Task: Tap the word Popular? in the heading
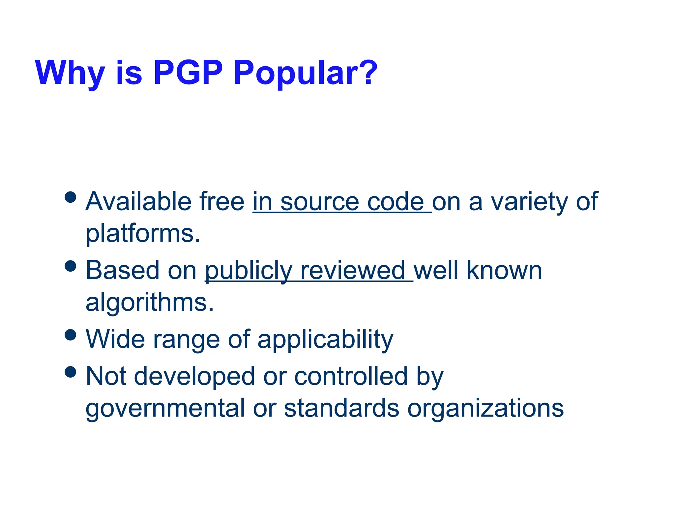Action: pos(305,73)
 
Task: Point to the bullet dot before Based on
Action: pos(71,266)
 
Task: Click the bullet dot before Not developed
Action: pos(71,372)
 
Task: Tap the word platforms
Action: pos(143,234)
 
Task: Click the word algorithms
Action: pos(150,303)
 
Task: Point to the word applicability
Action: pos(325,340)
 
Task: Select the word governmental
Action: pos(165,409)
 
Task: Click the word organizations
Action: pos(485,409)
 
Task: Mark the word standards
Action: pos(341,409)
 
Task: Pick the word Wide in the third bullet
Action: pos(115,339)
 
